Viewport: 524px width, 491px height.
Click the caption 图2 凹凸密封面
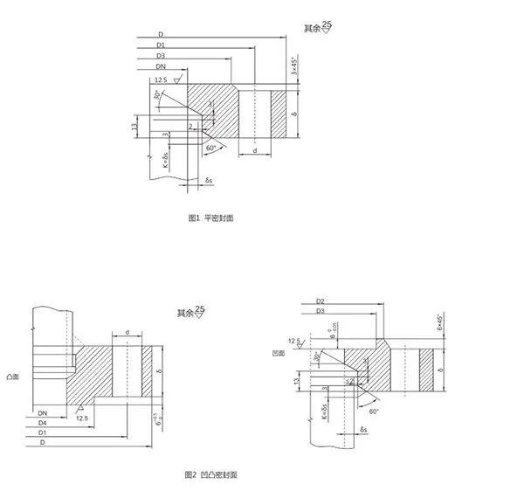(210, 474)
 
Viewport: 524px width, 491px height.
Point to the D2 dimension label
(321, 301)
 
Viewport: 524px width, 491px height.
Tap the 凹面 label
(278, 352)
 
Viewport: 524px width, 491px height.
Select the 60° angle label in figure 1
(210, 149)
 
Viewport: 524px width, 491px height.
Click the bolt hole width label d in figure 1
(253, 149)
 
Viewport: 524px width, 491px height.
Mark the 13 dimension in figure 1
(134, 128)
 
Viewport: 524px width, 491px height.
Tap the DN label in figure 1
(161, 66)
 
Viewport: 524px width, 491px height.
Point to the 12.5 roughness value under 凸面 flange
(82, 418)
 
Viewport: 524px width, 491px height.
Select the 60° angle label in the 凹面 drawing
(372, 411)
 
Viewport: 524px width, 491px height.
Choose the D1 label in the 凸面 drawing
(41, 432)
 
